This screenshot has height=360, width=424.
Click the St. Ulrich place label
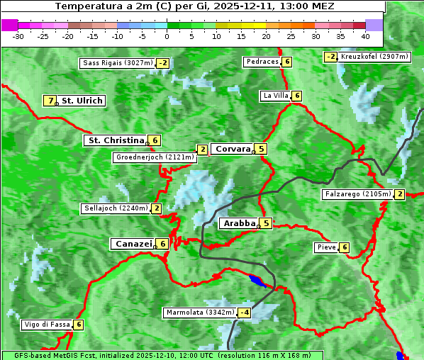82,101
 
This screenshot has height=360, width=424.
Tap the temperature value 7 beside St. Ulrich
50,101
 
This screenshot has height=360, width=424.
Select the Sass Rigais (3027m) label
117,63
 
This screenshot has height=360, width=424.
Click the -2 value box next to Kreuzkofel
330,57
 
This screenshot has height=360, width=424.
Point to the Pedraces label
262,62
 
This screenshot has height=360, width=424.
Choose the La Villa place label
275,96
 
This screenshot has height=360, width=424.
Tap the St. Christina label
115,140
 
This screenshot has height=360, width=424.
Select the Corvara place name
233,149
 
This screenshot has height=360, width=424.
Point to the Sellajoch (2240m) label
116,208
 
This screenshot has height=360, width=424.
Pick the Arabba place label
239,223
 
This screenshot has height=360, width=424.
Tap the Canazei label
133,244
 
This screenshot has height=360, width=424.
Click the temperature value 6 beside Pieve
344,247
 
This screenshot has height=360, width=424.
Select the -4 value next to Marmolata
245,313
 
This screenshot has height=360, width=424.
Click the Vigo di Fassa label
48,325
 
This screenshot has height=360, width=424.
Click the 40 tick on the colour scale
365,35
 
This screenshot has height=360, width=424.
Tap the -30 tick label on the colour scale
18,35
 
